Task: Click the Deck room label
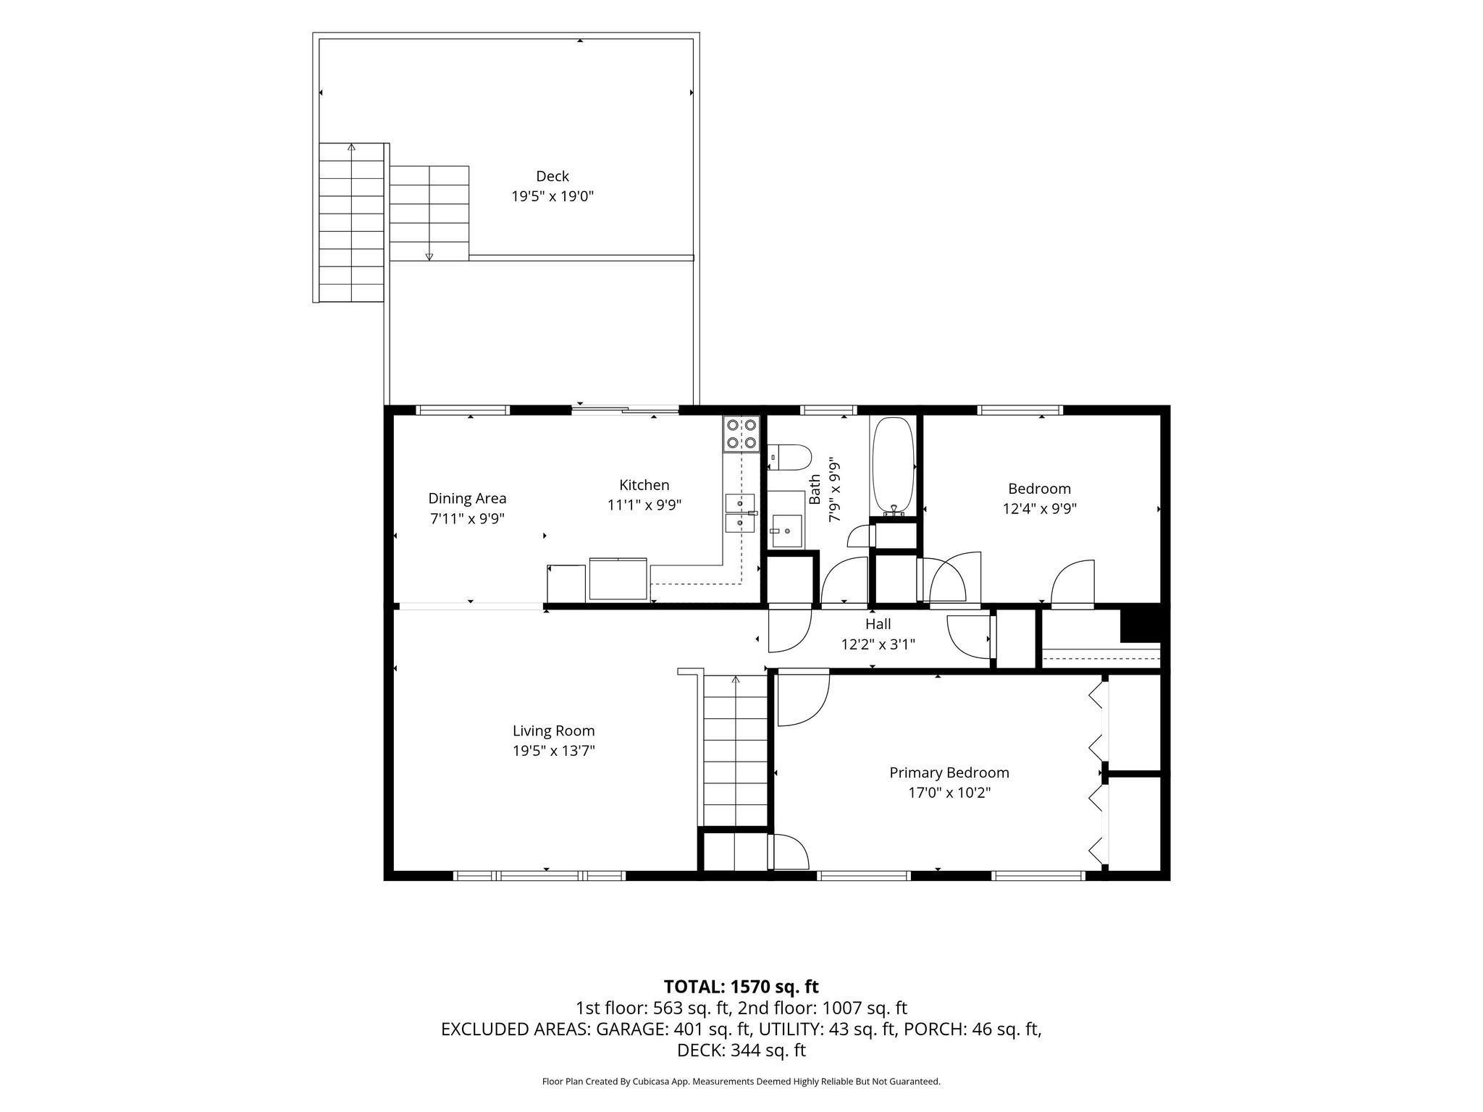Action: [552, 176]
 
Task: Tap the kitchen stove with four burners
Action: [741, 434]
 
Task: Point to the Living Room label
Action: [553, 731]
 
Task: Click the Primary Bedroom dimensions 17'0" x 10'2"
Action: [949, 793]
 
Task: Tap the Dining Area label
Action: [467, 498]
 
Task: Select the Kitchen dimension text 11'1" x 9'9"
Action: [644, 505]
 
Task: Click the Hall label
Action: [878, 623]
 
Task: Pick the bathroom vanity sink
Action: [786, 531]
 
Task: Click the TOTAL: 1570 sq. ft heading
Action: [741, 986]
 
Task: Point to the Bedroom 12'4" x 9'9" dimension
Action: [1039, 508]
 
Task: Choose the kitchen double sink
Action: [740, 513]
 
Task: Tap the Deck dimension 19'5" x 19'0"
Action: [553, 196]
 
